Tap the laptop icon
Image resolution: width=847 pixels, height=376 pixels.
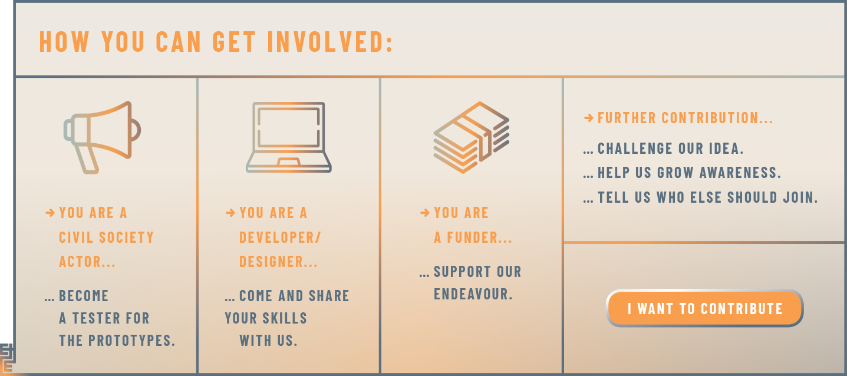click(x=288, y=137)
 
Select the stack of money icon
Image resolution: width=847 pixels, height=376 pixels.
click(x=471, y=137)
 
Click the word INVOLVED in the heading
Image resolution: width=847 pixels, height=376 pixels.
click(x=331, y=42)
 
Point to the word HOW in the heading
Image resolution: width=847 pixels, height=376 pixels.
click(x=65, y=42)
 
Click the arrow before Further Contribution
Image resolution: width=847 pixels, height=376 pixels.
click(x=589, y=118)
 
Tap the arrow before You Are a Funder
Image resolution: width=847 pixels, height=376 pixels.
click(x=425, y=213)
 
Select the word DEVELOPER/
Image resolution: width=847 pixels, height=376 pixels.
click(x=280, y=238)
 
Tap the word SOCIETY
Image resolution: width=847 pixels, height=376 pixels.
click(x=126, y=238)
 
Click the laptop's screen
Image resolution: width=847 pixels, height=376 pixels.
click(x=288, y=127)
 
